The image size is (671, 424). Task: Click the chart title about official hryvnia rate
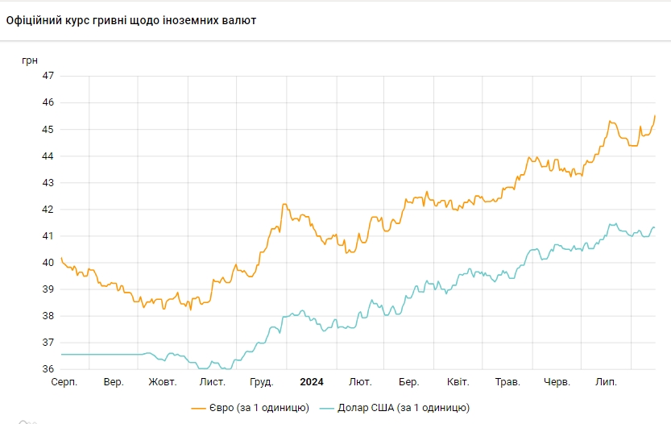click(x=131, y=20)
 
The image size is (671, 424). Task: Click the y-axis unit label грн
click(x=29, y=60)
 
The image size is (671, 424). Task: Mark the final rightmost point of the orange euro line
click(x=655, y=116)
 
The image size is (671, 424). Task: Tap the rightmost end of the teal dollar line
click(x=655, y=227)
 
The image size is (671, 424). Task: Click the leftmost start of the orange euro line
click(x=61, y=258)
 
